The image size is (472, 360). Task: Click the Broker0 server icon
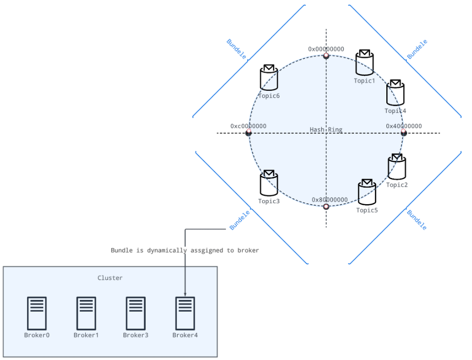[37, 313]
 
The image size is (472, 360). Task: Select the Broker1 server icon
[86, 313]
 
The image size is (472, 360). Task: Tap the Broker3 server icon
[136, 313]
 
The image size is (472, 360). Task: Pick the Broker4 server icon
[185, 313]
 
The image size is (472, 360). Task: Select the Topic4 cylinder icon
[395, 93]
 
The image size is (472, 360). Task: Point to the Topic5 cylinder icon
[367, 192]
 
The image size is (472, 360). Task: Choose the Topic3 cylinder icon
[269, 184]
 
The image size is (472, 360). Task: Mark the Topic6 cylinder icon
[269, 78]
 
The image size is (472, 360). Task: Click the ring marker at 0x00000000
[326, 55]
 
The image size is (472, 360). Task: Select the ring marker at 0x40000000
[403, 133]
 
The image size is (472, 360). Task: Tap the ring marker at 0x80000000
[326, 207]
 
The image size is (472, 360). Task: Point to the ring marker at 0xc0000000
[249, 133]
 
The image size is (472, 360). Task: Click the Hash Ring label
[326, 130]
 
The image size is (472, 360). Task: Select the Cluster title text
[110, 278]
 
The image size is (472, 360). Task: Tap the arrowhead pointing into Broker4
[185, 294]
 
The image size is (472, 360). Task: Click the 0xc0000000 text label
[248, 126]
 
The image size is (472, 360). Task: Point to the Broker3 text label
[136, 335]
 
